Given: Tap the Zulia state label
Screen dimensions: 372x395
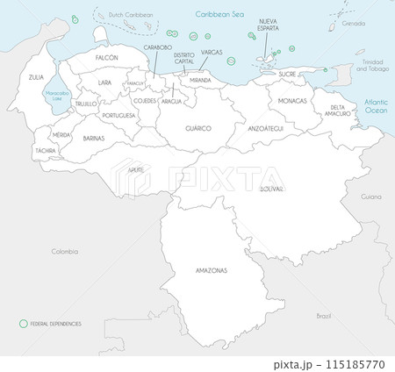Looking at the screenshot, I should click(x=36, y=78).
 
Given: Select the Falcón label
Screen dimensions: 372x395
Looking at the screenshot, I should click(x=106, y=57).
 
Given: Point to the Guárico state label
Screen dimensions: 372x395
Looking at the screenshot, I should click(x=197, y=128).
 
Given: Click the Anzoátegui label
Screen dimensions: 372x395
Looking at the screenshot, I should click(x=266, y=128).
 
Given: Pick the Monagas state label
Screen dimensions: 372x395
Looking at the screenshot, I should click(x=292, y=101).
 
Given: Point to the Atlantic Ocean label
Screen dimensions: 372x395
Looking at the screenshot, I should click(x=376, y=107).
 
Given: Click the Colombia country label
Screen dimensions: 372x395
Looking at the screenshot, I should click(x=65, y=251).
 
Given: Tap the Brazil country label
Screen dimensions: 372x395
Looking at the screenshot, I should click(x=324, y=314).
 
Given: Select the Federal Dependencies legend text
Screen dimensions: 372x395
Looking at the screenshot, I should click(x=56, y=324).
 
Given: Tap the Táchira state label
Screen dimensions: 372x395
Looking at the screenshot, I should click(x=45, y=151).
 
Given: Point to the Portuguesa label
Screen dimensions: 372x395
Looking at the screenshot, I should click(x=118, y=115).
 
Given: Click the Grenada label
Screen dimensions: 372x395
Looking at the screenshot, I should click(x=355, y=25).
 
